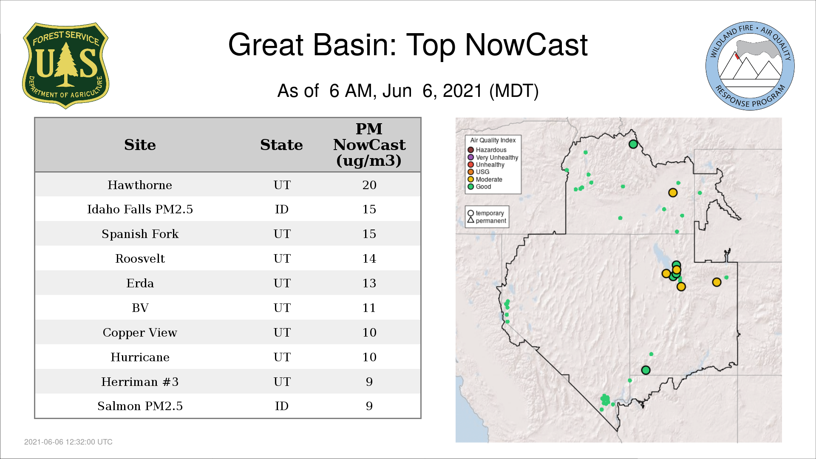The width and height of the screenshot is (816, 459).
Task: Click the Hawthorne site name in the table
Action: (140, 185)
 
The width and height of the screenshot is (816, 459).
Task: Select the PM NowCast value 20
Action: (369, 185)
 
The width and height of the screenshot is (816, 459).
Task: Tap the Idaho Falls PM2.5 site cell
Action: (140, 209)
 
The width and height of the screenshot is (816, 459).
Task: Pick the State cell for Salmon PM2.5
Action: (282, 406)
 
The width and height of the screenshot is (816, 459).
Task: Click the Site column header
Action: (140, 145)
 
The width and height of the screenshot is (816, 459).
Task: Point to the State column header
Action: (281, 145)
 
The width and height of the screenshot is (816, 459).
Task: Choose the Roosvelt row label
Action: (140, 258)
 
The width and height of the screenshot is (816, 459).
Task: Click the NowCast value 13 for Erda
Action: (369, 283)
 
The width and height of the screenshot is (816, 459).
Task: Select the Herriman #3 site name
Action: (140, 382)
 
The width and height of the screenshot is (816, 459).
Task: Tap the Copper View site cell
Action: (140, 332)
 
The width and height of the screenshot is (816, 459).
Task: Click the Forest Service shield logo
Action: (65, 65)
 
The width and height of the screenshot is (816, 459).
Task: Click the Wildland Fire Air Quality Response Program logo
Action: (750, 66)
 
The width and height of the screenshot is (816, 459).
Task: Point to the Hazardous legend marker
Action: (470, 150)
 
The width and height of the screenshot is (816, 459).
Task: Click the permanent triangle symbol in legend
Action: (470, 220)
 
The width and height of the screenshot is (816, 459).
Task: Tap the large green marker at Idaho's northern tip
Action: (633, 144)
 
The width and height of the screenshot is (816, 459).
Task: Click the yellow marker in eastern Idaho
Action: (673, 193)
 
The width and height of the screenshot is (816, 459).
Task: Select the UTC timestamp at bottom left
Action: (68, 442)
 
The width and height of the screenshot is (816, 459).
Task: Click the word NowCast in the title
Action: (526, 45)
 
